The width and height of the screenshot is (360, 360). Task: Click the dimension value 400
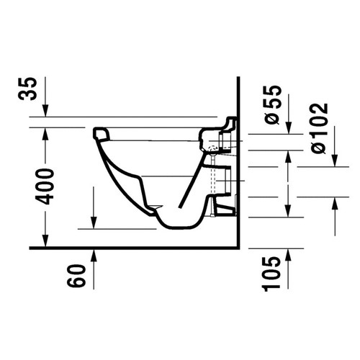46,186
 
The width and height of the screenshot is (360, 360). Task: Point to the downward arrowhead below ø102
334,159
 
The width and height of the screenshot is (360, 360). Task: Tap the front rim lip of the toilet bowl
101,133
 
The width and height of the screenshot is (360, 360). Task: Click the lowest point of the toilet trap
173,225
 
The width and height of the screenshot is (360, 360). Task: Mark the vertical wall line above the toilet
236,94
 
